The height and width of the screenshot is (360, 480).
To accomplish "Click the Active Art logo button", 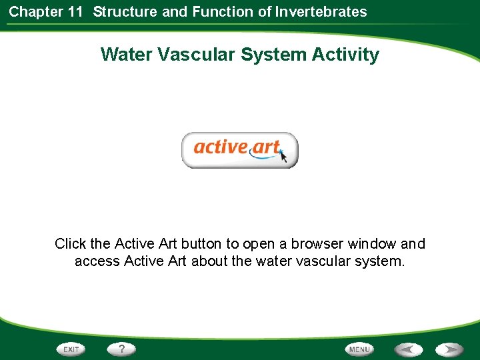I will click(239, 150).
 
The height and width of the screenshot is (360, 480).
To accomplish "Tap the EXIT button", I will click(71, 349).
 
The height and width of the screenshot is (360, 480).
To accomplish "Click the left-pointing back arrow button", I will click(409, 349).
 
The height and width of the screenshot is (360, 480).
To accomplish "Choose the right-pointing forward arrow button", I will click(450, 349).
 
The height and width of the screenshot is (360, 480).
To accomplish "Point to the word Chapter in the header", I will click(36, 11).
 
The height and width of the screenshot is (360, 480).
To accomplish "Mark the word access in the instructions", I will click(97, 261).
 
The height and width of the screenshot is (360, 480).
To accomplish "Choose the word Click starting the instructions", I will click(70, 244).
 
